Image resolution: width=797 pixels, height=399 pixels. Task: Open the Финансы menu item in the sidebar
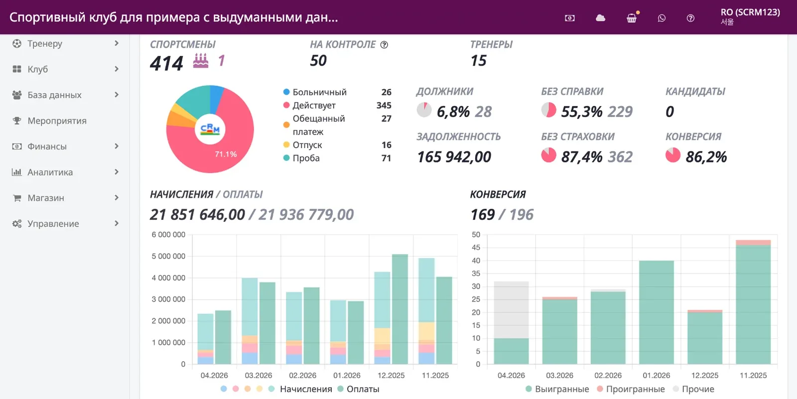47,146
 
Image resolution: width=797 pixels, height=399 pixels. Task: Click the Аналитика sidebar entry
50,172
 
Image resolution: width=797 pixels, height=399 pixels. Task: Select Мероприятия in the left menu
57,121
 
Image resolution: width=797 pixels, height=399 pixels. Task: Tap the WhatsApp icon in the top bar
662,18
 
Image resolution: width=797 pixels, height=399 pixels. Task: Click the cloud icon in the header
600,18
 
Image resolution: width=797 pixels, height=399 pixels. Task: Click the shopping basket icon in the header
632,18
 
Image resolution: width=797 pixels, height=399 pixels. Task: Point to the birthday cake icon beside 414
201,60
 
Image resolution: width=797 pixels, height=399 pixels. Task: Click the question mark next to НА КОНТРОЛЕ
384,45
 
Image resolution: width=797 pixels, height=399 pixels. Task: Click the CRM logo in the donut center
210,129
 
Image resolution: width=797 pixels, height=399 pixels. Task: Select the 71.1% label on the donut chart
226,154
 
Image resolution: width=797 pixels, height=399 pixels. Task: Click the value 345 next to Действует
384,106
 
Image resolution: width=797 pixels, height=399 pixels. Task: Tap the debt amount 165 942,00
454,156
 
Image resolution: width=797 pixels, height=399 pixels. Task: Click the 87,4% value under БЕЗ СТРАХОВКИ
582,156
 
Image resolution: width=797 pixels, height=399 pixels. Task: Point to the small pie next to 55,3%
548,110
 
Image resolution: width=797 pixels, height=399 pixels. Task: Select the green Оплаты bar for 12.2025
399,309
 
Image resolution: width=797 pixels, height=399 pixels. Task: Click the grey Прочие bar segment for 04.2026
511,310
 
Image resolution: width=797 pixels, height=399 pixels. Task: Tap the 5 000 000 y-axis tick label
168,256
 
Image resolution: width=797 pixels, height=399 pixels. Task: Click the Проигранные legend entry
631,389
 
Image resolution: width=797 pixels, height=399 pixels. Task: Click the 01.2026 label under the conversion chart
656,376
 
